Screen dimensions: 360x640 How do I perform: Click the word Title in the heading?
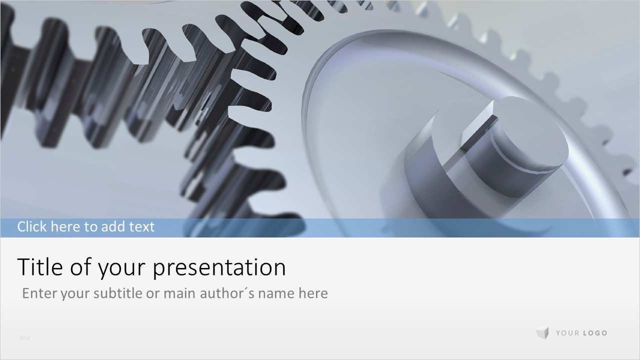(x=40, y=267)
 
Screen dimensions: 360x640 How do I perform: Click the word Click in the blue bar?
(x=32, y=226)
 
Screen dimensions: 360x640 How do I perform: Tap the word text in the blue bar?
(x=142, y=226)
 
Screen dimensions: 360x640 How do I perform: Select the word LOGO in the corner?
(x=595, y=333)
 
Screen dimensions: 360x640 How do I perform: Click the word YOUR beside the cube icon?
(x=567, y=333)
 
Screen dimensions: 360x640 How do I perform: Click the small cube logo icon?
(x=542, y=333)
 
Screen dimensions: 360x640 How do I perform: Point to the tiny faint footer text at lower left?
(x=24, y=337)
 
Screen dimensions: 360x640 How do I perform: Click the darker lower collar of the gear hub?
(x=415, y=185)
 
